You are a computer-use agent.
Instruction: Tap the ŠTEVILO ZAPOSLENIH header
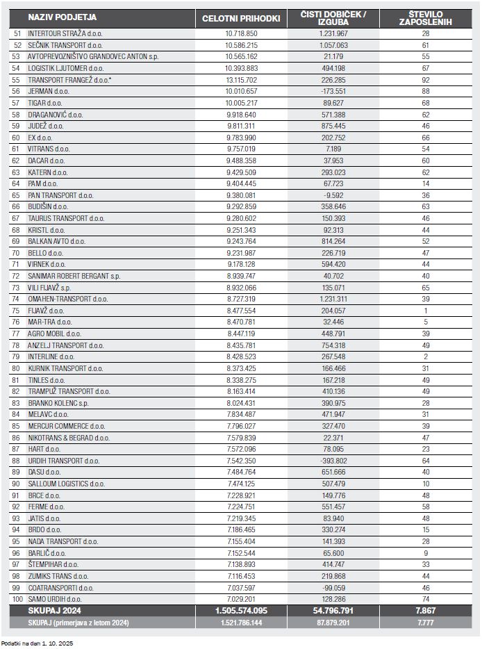point(425,17)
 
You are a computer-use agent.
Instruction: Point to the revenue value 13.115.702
point(241,80)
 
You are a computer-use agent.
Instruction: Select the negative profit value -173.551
point(333,91)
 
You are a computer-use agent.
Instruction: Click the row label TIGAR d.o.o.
point(47,103)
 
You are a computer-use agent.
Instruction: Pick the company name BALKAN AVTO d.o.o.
point(56,240)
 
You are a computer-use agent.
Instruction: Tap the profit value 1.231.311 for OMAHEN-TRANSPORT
point(333,298)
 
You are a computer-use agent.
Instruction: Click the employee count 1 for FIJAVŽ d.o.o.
point(425,310)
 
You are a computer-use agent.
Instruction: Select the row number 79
point(17,356)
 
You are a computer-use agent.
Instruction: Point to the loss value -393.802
point(333,460)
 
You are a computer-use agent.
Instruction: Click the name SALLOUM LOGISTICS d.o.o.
point(66,483)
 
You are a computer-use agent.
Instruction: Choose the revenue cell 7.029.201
point(241,598)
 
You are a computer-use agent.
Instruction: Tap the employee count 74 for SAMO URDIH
point(425,598)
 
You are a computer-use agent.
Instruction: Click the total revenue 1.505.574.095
point(241,610)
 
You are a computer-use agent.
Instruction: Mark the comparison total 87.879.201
point(333,622)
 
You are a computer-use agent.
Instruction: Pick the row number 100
point(17,598)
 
